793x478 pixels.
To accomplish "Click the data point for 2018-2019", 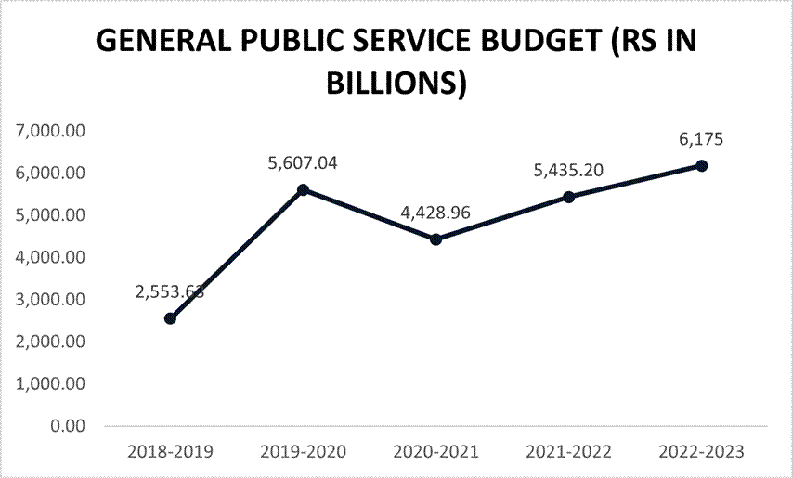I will pyautogui.click(x=170, y=318).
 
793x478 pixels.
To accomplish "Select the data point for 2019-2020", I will pyautogui.click(x=303, y=189).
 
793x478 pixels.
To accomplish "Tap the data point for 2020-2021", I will pyautogui.click(x=435, y=239).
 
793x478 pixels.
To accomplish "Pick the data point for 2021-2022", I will pyautogui.click(x=568, y=197).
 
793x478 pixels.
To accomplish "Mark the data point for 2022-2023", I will pyautogui.click(x=701, y=165).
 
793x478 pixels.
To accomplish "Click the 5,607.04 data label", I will pyautogui.click(x=303, y=163).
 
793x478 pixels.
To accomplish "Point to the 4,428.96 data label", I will pyautogui.click(x=435, y=213).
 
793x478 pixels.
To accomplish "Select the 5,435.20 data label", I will pyautogui.click(x=568, y=171).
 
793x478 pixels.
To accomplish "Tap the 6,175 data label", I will pyautogui.click(x=701, y=139).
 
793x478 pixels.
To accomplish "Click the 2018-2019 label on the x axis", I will pyautogui.click(x=170, y=452).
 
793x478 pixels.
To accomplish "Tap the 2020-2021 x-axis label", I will pyautogui.click(x=435, y=452).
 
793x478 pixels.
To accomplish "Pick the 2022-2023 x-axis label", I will pyautogui.click(x=701, y=452).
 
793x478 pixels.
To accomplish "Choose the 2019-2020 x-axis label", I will pyautogui.click(x=303, y=452).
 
